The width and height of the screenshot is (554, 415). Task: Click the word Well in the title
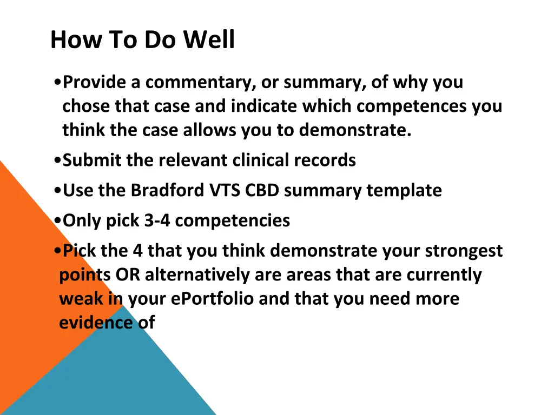pyautogui.click(x=209, y=39)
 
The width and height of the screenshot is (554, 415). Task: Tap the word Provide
pyautogui.click(x=94, y=82)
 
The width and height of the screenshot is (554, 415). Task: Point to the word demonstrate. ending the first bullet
pyautogui.click(x=355, y=130)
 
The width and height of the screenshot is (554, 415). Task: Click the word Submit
pyautogui.click(x=92, y=160)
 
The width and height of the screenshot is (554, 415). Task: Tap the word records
pyautogui.click(x=325, y=160)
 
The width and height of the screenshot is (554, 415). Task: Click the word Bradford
pyautogui.click(x=168, y=190)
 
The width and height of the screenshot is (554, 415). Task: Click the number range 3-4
pyautogui.click(x=157, y=220)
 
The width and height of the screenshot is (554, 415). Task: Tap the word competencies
pyautogui.click(x=233, y=221)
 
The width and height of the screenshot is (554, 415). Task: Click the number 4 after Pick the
pyautogui.click(x=137, y=251)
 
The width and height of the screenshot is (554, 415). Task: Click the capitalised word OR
pyautogui.click(x=128, y=275)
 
